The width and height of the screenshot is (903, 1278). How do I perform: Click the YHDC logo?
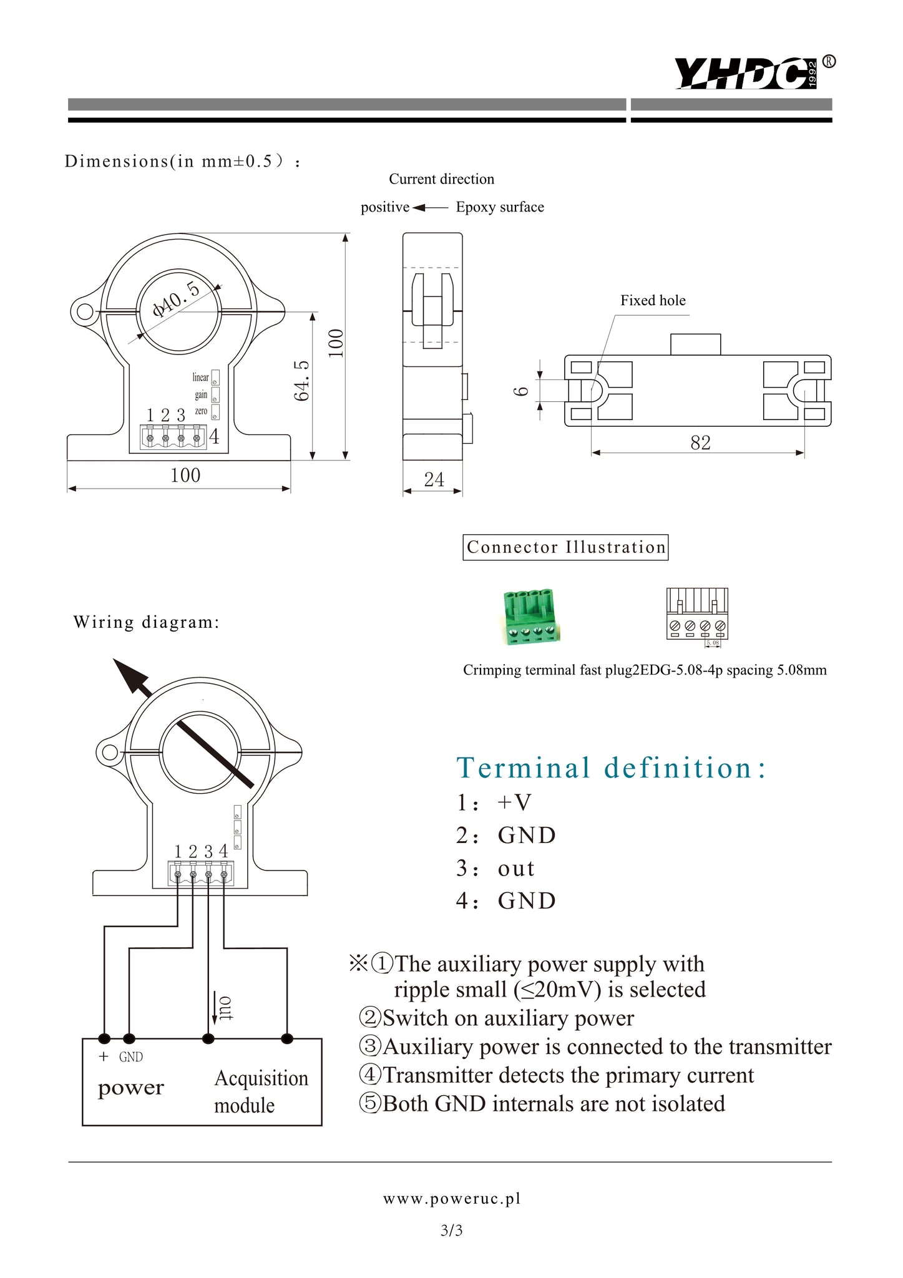point(746,73)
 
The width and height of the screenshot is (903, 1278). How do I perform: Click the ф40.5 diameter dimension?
point(177,299)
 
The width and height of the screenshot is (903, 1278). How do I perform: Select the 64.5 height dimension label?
point(302,380)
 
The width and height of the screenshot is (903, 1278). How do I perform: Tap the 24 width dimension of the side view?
point(434,479)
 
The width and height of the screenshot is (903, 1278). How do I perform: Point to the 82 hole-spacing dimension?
point(700,442)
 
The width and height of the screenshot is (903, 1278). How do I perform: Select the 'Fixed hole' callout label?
point(653,301)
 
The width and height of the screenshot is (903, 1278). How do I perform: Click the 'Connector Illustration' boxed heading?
point(565,547)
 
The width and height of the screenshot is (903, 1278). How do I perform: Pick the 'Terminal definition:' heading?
point(612,768)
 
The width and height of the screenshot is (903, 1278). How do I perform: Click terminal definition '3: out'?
point(496,868)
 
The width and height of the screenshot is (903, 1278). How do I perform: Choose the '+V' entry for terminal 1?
point(514,802)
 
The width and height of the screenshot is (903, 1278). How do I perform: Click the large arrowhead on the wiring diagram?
point(130,676)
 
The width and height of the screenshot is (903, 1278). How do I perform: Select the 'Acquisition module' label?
point(261,1091)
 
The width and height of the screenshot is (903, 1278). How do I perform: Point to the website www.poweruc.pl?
point(452,1199)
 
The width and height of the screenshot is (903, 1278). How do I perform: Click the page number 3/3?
point(451,1231)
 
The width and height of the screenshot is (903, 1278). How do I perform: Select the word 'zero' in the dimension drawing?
point(201,411)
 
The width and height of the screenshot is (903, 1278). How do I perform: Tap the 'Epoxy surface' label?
point(500,207)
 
